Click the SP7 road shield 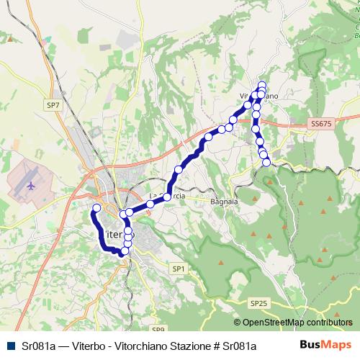(x=53, y=105)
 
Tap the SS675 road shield (x=322, y=125)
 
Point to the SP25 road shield (x=258, y=304)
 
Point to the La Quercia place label (x=162, y=195)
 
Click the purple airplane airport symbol (x=30, y=184)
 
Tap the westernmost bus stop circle (x=96, y=209)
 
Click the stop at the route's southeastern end (x=267, y=163)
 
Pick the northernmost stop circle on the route (x=262, y=85)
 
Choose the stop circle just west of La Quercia (x=150, y=204)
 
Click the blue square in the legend (x=11, y=346)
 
